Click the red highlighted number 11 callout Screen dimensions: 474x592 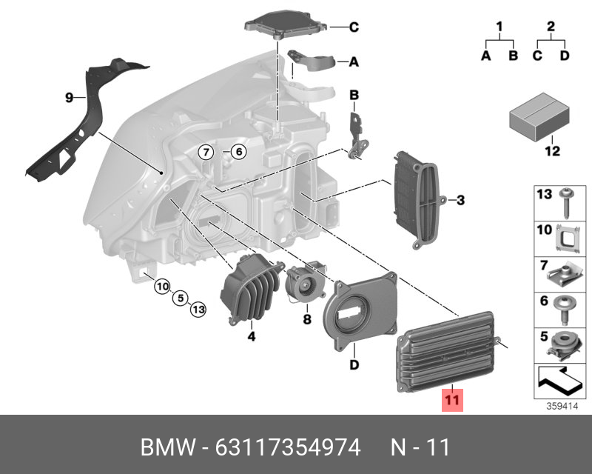451,401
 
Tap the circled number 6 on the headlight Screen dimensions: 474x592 238,153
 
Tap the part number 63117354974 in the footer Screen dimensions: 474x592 288,447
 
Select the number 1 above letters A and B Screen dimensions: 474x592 499,29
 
